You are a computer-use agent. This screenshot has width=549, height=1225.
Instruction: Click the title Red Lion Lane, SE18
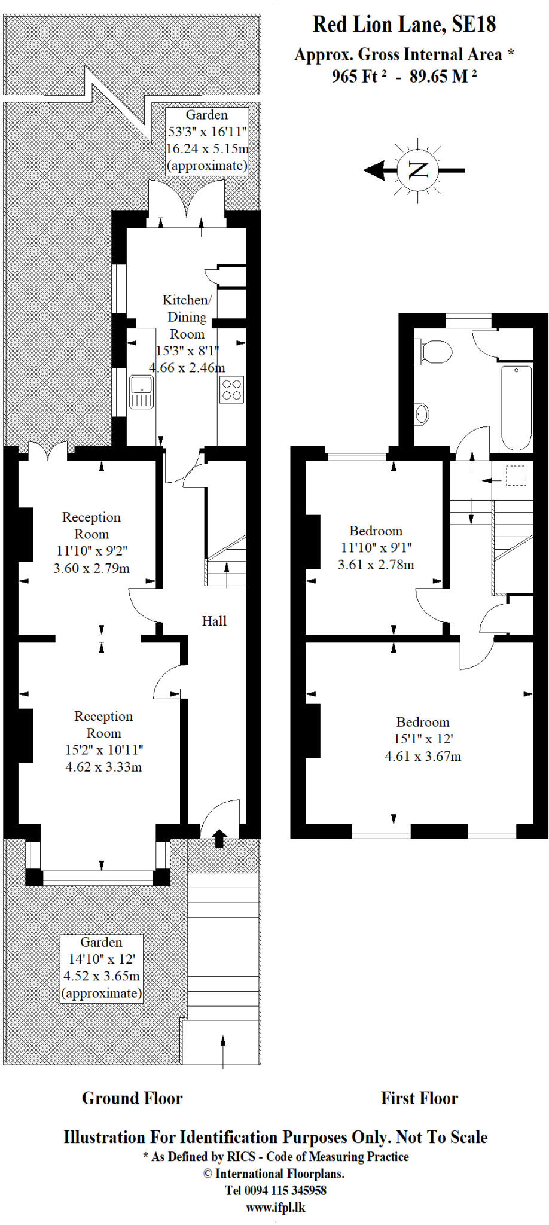pos(404,25)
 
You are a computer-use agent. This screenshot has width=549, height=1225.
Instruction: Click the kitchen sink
pos(142,392)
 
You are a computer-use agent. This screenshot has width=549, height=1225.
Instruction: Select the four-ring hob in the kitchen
pos(231,389)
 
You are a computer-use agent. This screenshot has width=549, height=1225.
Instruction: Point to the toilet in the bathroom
pos(435,352)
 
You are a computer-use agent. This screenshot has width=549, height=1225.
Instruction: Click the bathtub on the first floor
pos(516,408)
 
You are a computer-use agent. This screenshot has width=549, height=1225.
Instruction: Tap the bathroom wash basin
pos(422,413)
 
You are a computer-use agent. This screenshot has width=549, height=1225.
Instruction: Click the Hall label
pos(214,621)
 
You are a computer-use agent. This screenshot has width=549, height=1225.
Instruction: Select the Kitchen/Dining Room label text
pos(187,317)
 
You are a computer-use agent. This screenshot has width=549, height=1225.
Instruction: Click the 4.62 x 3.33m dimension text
pos(103,767)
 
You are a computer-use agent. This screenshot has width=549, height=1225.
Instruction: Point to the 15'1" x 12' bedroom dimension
pos(423,739)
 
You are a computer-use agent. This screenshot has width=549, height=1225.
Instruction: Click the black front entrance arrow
pos(219,838)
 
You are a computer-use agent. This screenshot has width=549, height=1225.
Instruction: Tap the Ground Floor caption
pos(132,1098)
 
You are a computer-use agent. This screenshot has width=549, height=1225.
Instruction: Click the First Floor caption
pos(419,1098)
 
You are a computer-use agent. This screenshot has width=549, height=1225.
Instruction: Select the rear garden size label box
pos(207,140)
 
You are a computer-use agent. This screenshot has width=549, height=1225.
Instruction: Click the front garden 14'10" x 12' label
pos(102,959)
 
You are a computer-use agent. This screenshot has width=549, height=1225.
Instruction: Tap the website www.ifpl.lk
pos(276,1207)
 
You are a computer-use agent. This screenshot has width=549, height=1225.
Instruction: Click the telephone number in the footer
pos(276,1190)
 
